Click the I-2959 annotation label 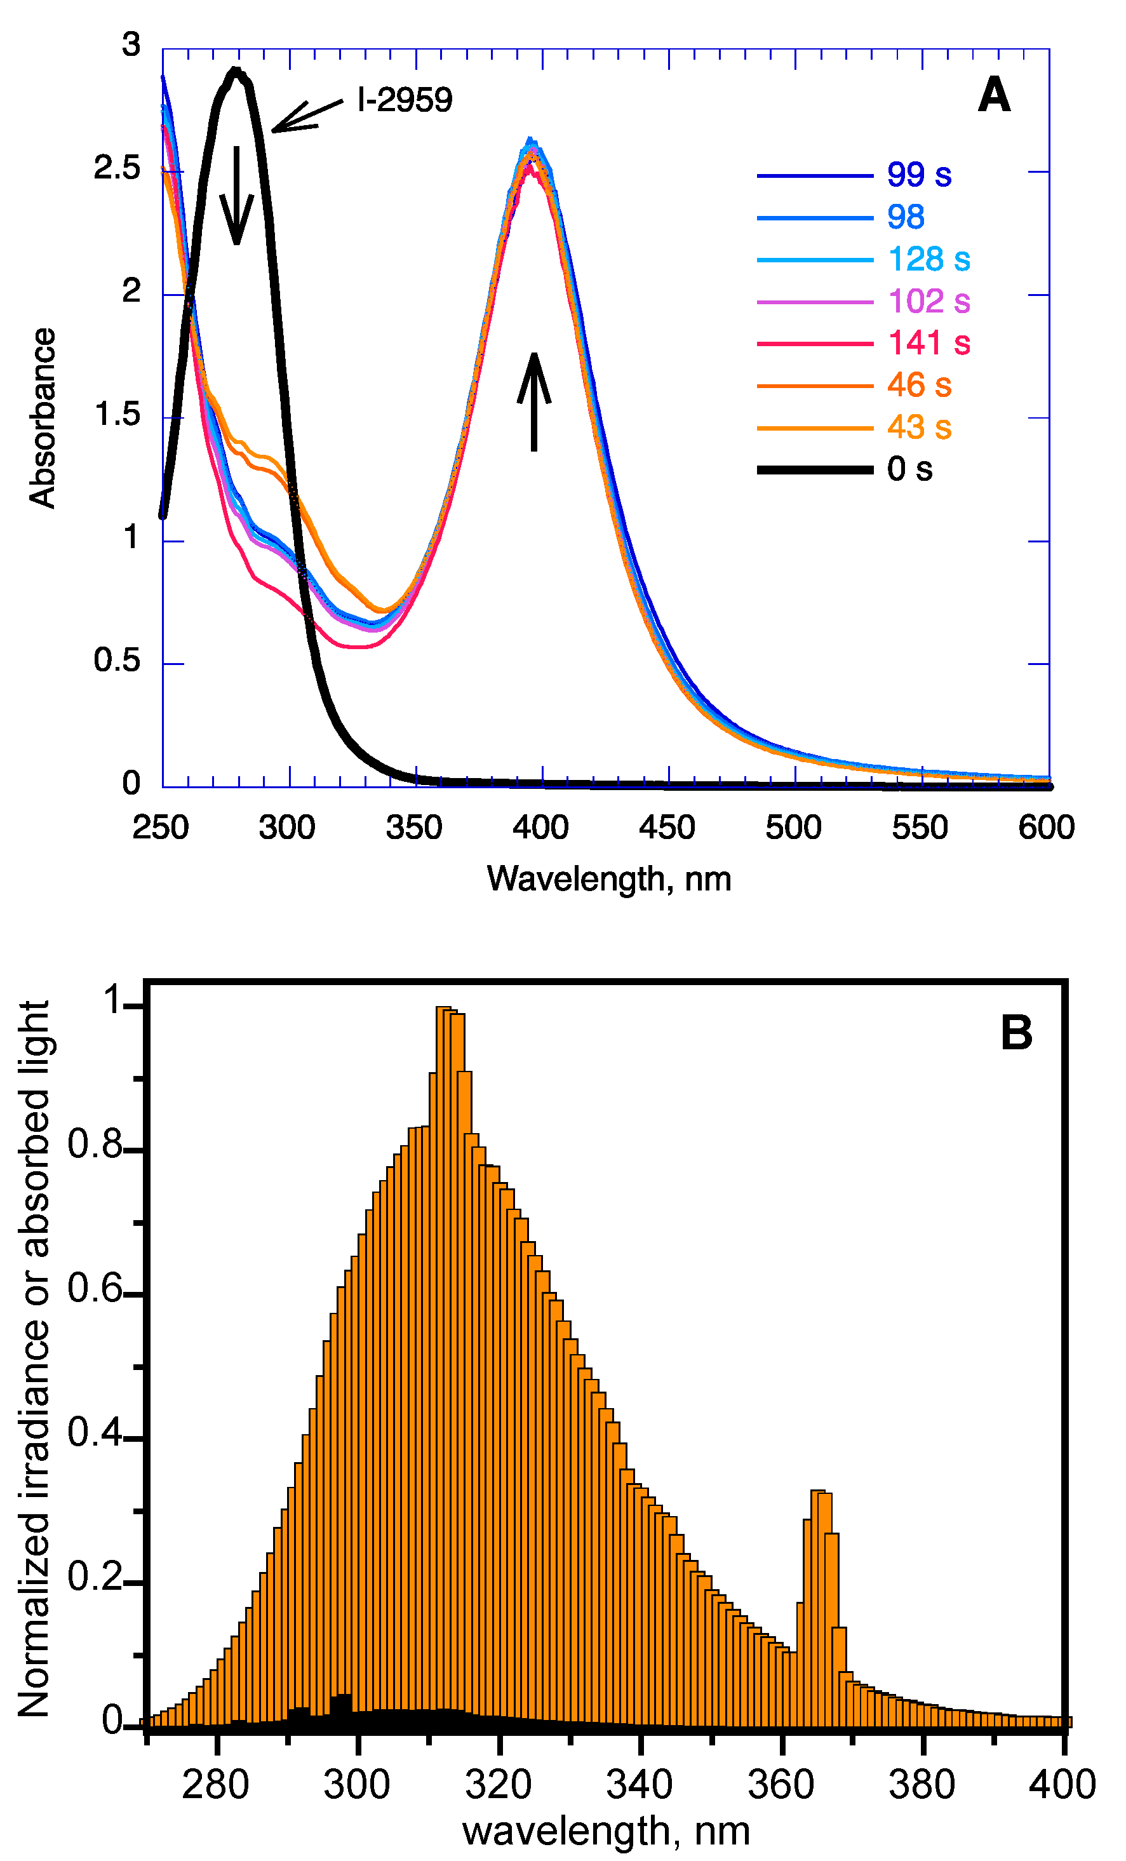405,100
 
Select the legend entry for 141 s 928,343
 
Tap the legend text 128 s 928,259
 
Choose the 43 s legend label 918,427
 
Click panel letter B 1015,1033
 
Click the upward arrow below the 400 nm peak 534,401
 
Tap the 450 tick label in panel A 666,828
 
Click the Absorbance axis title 43,418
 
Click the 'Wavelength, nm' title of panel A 608,878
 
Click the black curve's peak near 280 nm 236,72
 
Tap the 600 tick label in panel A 1046,828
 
